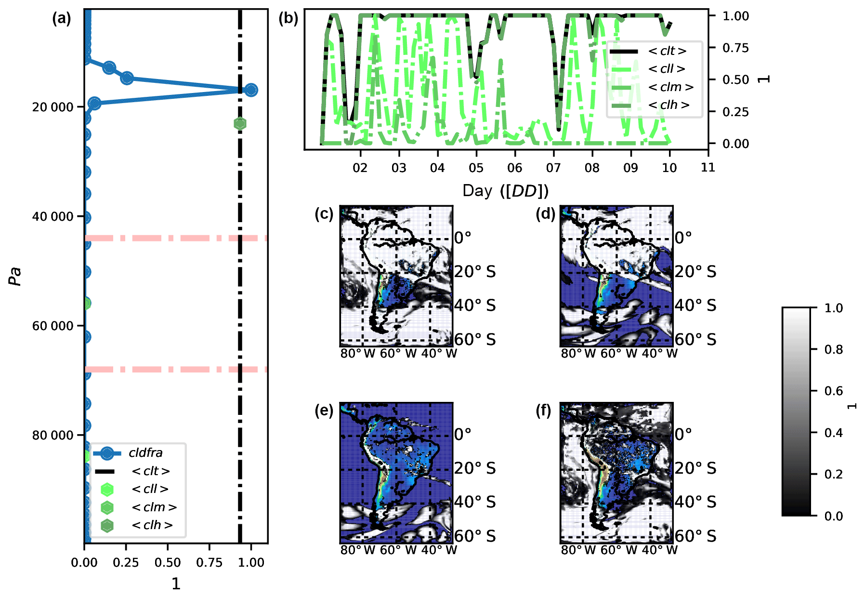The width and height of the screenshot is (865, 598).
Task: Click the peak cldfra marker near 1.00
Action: click(250, 90)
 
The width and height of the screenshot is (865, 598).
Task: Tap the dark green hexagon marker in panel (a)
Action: click(240, 124)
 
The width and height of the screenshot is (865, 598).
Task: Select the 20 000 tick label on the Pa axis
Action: click(53, 107)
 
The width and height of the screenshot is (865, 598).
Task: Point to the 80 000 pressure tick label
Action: click(53, 435)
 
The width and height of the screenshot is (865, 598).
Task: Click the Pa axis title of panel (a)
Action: click(16, 276)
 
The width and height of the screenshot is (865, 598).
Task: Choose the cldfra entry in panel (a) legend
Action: click(145, 453)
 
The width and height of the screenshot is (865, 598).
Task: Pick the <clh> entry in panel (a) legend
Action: click(152, 525)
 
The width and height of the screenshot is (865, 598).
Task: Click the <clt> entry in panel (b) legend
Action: click(667, 51)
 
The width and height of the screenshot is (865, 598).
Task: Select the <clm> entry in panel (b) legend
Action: click(670, 87)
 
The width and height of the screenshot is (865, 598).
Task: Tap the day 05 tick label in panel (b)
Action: click(476, 168)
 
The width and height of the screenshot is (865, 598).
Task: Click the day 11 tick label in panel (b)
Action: click(708, 168)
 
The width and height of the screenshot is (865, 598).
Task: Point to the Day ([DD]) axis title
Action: click(505, 191)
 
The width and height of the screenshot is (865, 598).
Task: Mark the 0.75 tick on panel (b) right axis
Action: click(735, 48)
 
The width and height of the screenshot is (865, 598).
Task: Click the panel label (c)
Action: click(324, 213)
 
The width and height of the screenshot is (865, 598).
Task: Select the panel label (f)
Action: click(543, 411)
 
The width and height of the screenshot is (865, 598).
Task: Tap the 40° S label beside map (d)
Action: click(695, 306)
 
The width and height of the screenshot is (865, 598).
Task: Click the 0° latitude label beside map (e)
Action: click(463, 434)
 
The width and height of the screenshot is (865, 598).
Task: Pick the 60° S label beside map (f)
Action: click(695, 536)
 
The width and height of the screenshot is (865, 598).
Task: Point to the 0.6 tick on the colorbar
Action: click(833, 391)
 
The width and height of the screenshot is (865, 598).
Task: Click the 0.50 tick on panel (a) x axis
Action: click(168, 562)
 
